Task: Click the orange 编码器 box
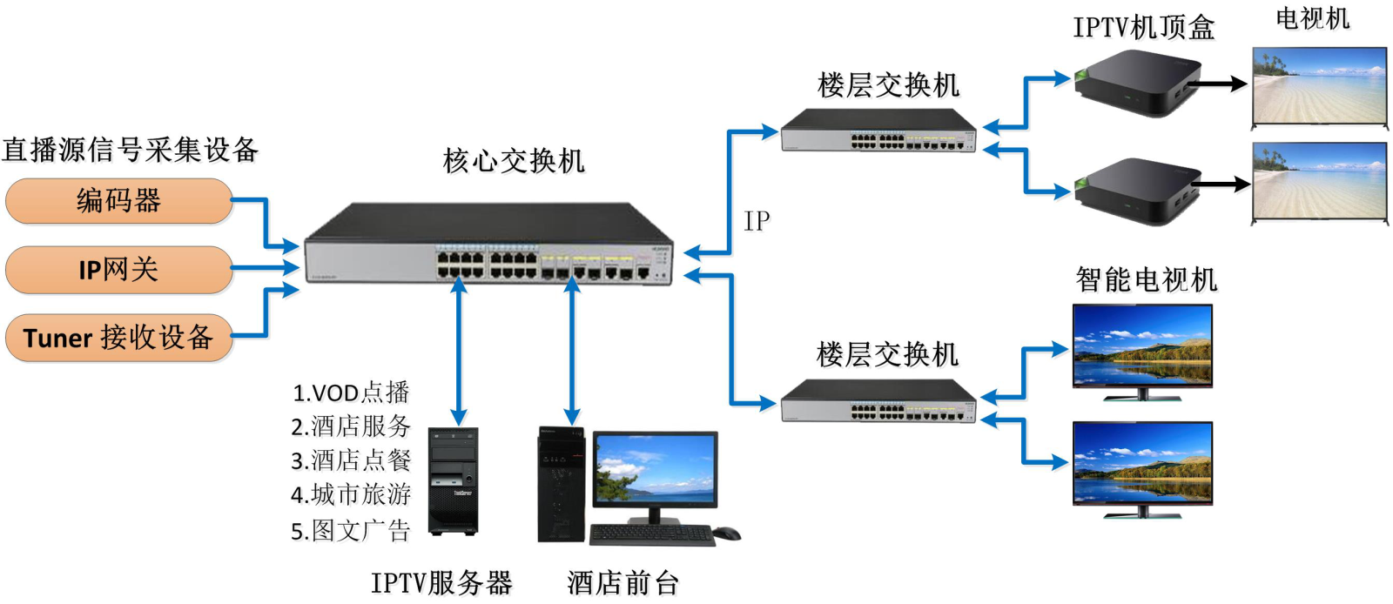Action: (119, 201)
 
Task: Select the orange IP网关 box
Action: (119, 270)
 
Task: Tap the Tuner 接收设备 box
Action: (119, 338)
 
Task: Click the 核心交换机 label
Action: (514, 161)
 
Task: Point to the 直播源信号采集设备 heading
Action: (131, 150)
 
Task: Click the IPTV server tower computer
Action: (454, 480)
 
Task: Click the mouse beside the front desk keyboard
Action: (726, 533)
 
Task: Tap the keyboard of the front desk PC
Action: (652, 534)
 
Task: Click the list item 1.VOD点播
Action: (351, 393)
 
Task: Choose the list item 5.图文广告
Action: (351, 530)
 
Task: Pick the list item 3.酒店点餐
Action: (351, 460)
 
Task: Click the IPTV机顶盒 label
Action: (1143, 28)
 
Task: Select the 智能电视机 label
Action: (1146, 279)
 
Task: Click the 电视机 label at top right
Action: (1312, 18)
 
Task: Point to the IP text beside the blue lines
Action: (757, 221)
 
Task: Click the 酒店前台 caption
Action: (622, 582)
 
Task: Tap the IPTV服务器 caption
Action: (441, 582)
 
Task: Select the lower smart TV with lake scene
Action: (1142, 464)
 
